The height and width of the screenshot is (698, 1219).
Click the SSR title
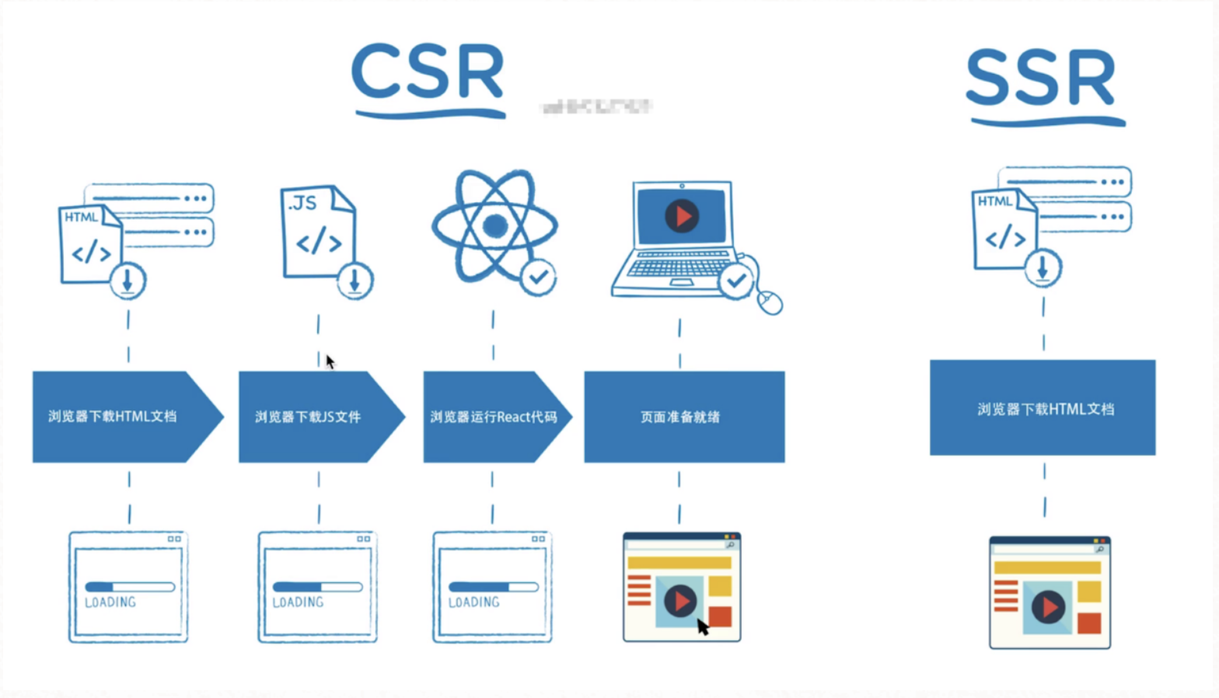1041,79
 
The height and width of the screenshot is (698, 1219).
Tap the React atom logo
494,226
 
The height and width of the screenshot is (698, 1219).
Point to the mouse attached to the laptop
770,302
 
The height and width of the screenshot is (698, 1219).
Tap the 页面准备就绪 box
683,417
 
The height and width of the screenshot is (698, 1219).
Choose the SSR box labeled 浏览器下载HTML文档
1043,408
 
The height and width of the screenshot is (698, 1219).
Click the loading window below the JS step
317,587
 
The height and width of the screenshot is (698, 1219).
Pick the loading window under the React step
492,587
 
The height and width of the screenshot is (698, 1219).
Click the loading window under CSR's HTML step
128,587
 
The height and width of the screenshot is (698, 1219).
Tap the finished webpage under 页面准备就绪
682,587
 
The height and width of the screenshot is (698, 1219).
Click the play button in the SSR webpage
1048,607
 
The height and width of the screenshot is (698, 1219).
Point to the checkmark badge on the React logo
538,277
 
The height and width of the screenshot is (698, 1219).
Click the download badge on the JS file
355,281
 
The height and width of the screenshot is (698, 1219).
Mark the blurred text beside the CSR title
596,106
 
